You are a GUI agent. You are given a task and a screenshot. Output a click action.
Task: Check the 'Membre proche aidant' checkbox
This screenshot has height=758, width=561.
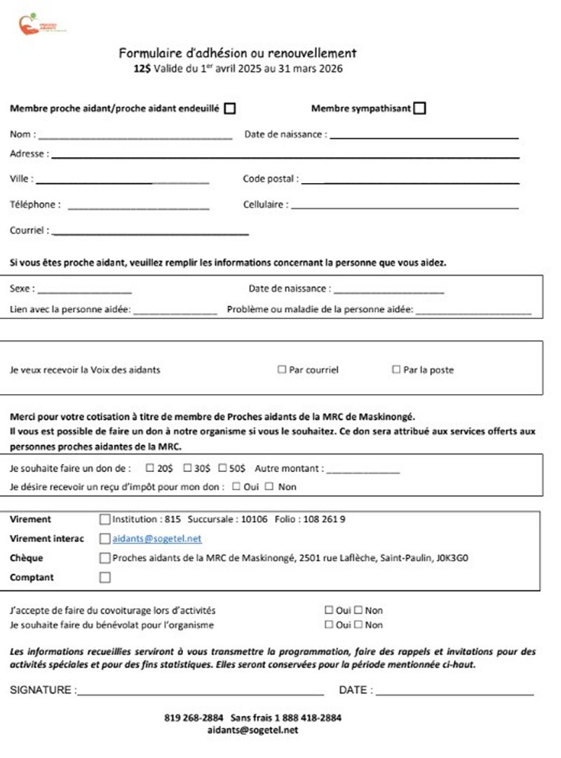tap(229, 108)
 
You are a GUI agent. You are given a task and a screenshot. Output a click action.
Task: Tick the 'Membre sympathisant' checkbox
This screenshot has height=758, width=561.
tap(419, 108)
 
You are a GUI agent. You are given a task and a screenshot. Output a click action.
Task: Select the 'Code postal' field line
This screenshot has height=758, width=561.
tap(410, 182)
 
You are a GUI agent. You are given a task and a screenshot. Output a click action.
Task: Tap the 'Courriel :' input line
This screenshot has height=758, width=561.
tap(150, 232)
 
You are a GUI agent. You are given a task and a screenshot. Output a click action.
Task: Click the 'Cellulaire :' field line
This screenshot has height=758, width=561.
tap(405, 208)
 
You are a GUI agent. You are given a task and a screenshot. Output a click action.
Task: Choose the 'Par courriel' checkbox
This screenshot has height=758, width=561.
tap(282, 370)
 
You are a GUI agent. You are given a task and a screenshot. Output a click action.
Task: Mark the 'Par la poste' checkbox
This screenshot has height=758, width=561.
tap(396, 370)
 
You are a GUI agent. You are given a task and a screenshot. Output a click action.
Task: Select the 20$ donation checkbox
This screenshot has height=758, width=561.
tap(150, 468)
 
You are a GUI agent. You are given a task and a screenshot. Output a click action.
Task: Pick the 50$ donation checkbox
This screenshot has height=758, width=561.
tap(222, 468)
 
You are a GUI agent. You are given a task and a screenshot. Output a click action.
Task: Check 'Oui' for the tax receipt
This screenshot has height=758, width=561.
tap(236, 487)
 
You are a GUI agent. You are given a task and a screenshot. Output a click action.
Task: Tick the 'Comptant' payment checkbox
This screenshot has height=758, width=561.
tap(105, 578)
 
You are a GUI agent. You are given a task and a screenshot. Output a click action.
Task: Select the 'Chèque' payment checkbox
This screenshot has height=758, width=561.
tap(105, 558)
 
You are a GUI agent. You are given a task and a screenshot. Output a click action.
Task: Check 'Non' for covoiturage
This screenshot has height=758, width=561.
tap(358, 611)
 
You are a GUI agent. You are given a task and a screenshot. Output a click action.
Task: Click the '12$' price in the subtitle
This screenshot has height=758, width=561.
tap(142, 69)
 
